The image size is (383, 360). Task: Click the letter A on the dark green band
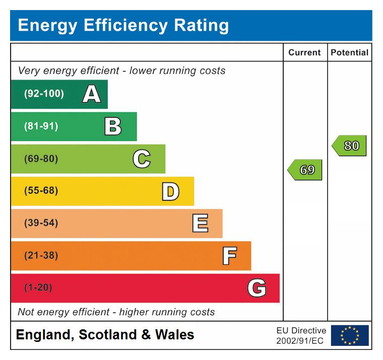pos(91,94)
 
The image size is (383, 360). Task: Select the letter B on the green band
pos(113,126)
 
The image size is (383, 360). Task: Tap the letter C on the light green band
pos(142,159)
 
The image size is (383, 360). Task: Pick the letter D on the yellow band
pos(170,191)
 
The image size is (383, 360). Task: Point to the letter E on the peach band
pos(200,224)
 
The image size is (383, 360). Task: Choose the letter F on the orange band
pos(229,256)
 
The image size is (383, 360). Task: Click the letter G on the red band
pos(257,288)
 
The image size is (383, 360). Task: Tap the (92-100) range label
pos(44,94)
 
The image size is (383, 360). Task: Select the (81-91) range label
pos(41,126)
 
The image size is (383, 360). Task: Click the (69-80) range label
pos(41,159)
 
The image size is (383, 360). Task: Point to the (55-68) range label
pos(41,191)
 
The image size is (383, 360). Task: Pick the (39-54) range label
pos(41,224)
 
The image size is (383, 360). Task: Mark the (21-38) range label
pos(41,256)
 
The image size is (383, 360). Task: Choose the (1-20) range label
pos(38,288)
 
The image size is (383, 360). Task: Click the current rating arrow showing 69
pos(305,170)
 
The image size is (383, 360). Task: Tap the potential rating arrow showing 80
pos(350,146)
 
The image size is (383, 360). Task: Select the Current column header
pos(304,52)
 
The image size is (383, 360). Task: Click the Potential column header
pos(349,52)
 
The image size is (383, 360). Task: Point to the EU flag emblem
pos(350,335)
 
